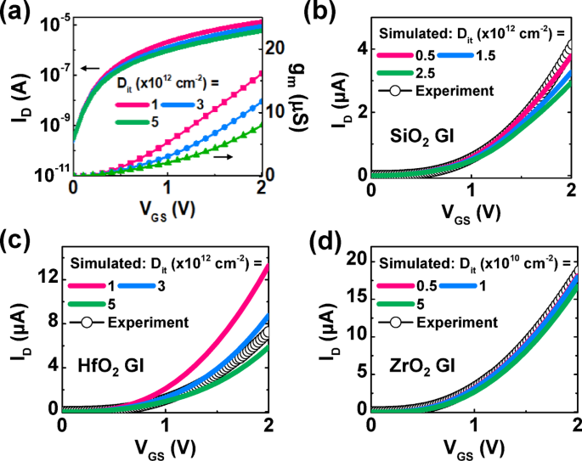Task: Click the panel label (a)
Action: click(x=19, y=13)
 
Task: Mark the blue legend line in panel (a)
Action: click(x=184, y=104)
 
